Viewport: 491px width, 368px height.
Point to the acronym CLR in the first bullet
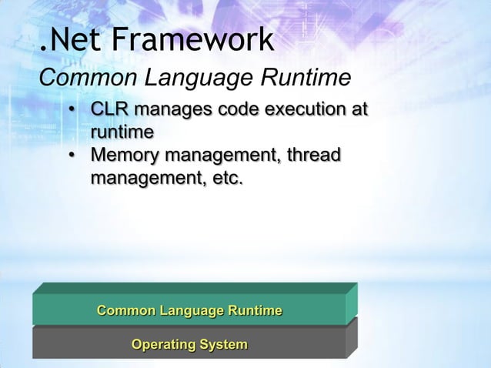point(110,111)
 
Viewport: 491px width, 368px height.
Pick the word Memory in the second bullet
point(122,156)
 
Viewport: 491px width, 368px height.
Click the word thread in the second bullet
point(314,156)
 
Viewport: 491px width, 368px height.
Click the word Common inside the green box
point(125,311)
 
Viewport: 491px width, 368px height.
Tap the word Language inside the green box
point(191,311)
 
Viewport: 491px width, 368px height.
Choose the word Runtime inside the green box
point(255,311)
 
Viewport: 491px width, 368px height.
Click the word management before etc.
point(146,179)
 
